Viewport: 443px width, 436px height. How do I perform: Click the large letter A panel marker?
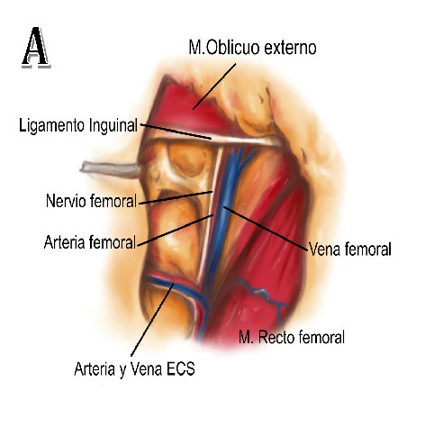point(36,47)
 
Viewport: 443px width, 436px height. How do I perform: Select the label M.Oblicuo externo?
point(252,48)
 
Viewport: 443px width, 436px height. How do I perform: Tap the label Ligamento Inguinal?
point(78,125)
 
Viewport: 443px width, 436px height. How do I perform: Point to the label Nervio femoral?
point(91,201)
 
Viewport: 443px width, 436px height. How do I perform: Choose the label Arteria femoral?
point(90,242)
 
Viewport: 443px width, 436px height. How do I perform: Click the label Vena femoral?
point(350,249)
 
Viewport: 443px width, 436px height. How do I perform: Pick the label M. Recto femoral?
point(292,337)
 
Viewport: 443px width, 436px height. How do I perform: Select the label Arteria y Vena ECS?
point(134,368)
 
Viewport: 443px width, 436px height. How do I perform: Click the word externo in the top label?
point(290,48)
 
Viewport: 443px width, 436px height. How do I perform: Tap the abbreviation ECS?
point(181,368)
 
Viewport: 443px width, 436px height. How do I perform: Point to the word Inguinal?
point(113,125)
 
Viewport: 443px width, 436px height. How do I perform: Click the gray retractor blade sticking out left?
point(111,169)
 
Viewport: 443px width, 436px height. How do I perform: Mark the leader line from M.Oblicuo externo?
point(214,86)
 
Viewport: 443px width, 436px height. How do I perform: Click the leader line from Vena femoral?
point(266,228)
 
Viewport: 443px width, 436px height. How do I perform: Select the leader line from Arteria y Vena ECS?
point(152,320)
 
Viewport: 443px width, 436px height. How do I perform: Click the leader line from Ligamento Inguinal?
point(176,132)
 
